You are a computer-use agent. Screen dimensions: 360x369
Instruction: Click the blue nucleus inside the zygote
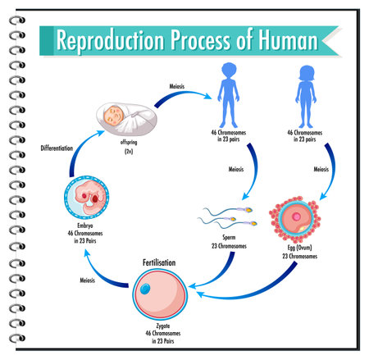click(x=145, y=289)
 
